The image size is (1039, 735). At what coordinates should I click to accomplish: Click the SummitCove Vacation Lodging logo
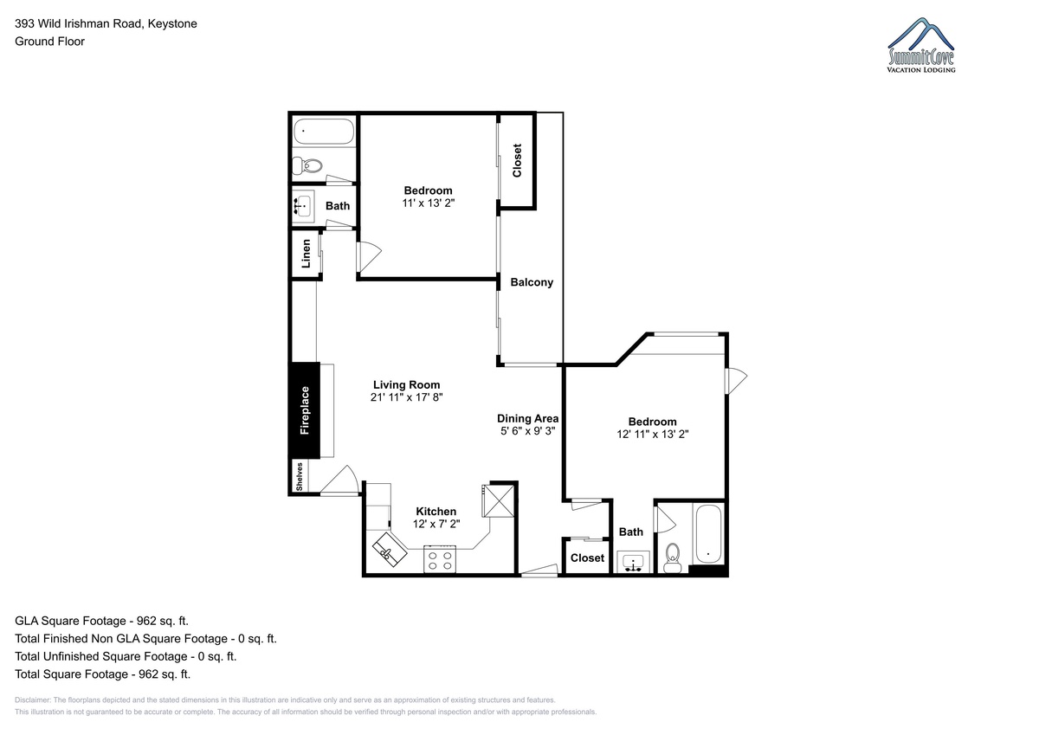click(920, 45)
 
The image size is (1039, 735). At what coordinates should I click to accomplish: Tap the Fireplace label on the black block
click(304, 410)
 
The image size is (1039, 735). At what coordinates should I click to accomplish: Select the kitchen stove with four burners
click(440, 559)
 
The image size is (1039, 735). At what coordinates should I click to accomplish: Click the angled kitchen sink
click(389, 550)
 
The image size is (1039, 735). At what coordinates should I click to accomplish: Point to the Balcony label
click(532, 282)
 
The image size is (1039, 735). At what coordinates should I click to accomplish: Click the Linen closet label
click(306, 254)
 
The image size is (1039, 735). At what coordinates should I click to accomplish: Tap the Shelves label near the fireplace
click(300, 477)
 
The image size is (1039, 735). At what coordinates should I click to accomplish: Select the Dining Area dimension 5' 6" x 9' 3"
click(528, 431)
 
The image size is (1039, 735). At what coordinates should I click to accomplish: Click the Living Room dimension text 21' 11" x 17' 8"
click(406, 397)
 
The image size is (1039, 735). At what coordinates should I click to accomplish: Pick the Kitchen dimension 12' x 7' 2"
click(436, 524)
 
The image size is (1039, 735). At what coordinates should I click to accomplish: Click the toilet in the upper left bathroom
click(307, 165)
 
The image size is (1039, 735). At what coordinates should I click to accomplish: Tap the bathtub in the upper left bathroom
click(324, 132)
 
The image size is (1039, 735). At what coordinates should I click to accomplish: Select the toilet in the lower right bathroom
click(672, 558)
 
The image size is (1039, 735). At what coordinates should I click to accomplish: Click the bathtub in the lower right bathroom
click(708, 534)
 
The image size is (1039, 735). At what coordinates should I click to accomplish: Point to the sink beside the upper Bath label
click(303, 206)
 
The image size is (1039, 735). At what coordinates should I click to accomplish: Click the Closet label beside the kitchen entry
click(587, 558)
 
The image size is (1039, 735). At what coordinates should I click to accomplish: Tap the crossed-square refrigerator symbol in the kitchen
click(499, 500)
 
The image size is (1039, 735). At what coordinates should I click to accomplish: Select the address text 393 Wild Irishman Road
click(79, 23)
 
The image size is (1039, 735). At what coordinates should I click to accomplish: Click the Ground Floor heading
click(49, 42)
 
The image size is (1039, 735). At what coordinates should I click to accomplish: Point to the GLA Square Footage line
click(101, 621)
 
